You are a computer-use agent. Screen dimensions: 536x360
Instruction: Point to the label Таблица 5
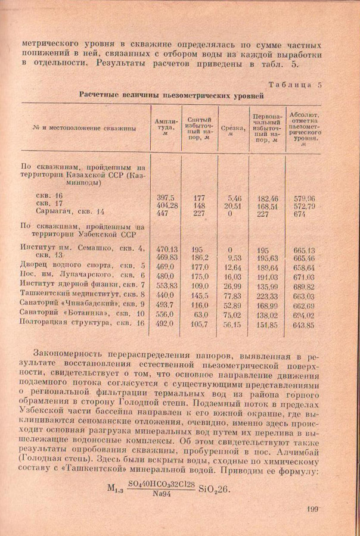293,85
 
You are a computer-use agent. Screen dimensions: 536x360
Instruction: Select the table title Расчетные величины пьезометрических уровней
172,95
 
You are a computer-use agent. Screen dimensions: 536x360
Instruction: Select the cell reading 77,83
232,295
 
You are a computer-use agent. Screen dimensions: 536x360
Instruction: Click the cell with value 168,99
267,305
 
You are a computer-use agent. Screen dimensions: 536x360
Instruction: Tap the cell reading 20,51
232,205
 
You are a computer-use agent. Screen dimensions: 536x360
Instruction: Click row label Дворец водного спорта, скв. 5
83,266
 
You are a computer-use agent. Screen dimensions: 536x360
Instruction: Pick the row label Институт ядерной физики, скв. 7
83,285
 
